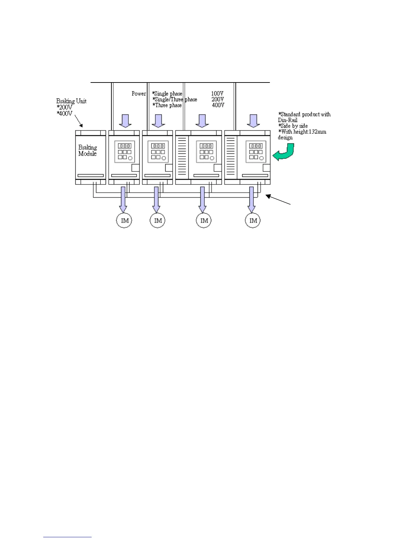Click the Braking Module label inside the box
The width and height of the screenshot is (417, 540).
(88, 150)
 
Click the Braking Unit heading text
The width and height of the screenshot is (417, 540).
(71, 101)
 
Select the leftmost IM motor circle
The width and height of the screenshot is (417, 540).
(124, 221)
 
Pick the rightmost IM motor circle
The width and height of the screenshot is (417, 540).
(253, 221)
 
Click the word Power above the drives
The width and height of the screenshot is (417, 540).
(139, 93)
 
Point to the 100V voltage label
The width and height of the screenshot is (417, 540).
(217, 93)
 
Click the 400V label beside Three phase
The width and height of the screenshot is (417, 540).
(218, 105)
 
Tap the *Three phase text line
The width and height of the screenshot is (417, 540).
(167, 105)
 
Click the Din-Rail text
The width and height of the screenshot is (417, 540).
(288, 120)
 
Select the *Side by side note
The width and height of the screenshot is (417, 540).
(293, 126)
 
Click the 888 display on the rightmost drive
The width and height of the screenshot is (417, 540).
(256, 146)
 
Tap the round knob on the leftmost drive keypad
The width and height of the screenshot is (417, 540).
(130, 158)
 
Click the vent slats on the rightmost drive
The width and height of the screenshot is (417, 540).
(231, 155)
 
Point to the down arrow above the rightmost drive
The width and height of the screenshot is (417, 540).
(253, 121)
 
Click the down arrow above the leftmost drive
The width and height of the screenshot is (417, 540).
(125, 121)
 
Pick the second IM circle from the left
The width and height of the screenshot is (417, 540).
(157, 221)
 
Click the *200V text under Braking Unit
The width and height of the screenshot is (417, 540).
(64, 107)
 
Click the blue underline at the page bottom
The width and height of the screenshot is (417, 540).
(67, 537)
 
